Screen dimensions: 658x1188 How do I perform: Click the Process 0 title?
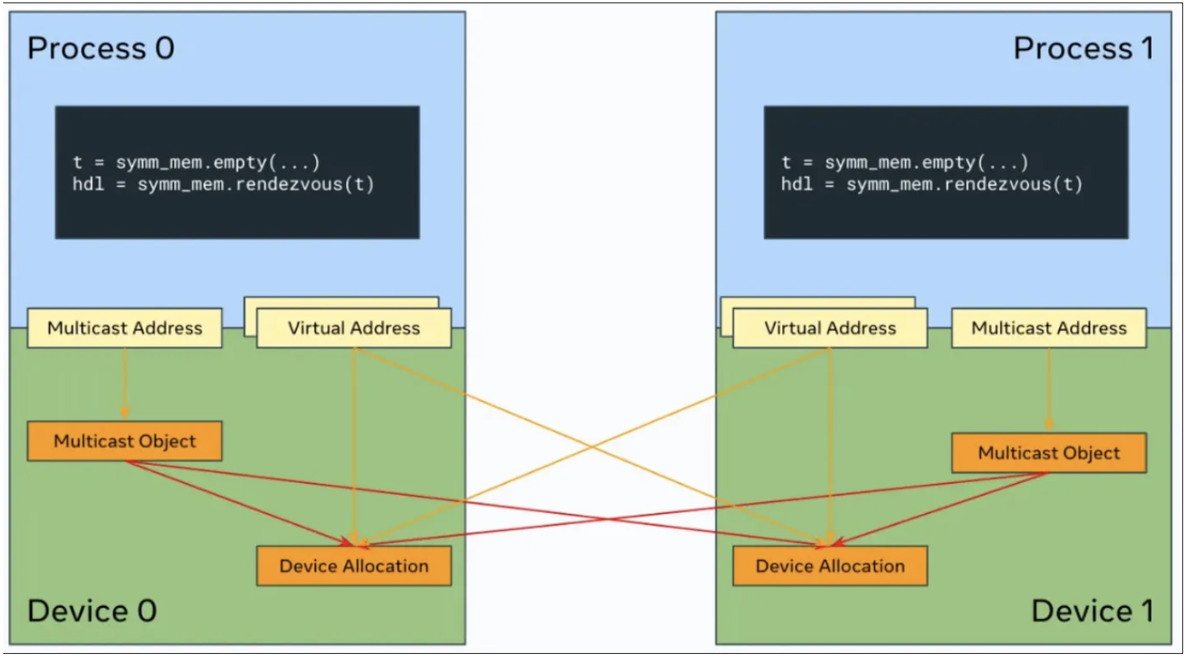point(100,49)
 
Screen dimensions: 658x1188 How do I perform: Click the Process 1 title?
point(1083,49)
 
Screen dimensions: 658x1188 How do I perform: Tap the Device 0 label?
point(92,610)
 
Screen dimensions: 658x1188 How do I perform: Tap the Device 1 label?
point(1092,610)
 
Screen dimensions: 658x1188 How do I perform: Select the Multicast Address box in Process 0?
point(125,328)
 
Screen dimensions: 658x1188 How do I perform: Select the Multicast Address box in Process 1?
point(1049,328)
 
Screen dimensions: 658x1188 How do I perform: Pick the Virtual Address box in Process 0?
point(354,328)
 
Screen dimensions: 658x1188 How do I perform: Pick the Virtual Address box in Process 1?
point(831,328)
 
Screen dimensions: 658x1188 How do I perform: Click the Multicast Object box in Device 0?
point(125,442)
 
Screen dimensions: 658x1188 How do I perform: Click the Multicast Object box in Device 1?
point(1049,453)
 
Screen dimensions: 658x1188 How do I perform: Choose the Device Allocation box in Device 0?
point(354,566)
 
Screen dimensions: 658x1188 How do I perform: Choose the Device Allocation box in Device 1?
point(831,566)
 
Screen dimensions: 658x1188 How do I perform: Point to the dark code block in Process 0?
point(237,172)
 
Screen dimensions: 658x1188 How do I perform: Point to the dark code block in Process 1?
point(946,172)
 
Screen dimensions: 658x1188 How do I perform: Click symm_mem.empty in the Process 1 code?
point(879,163)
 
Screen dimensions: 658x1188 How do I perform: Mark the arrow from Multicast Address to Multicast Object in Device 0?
point(125,385)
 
